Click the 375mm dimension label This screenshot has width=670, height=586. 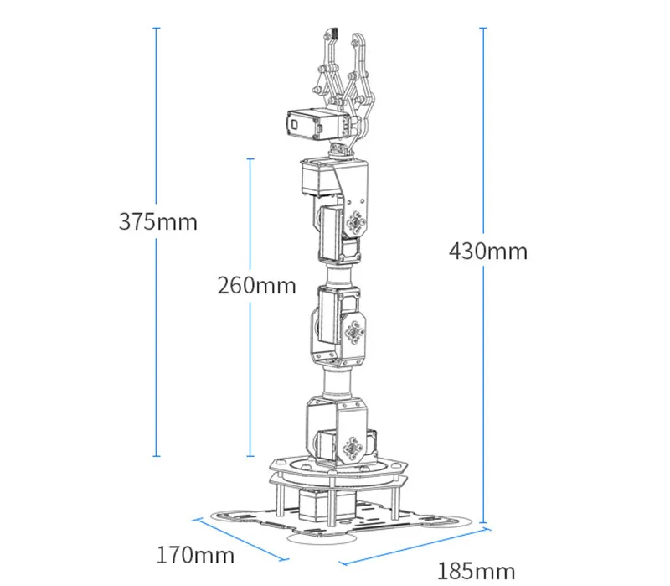point(157,221)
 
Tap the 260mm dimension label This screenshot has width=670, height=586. point(256,285)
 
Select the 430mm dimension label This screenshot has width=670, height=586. point(488,251)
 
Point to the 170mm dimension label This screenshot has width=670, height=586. point(195,555)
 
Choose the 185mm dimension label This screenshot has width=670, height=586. point(476,572)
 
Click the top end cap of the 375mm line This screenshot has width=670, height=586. point(157,28)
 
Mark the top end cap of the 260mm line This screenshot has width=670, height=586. point(250,159)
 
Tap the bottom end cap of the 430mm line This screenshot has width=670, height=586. point(483,522)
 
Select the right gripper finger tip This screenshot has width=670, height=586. point(354,36)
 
